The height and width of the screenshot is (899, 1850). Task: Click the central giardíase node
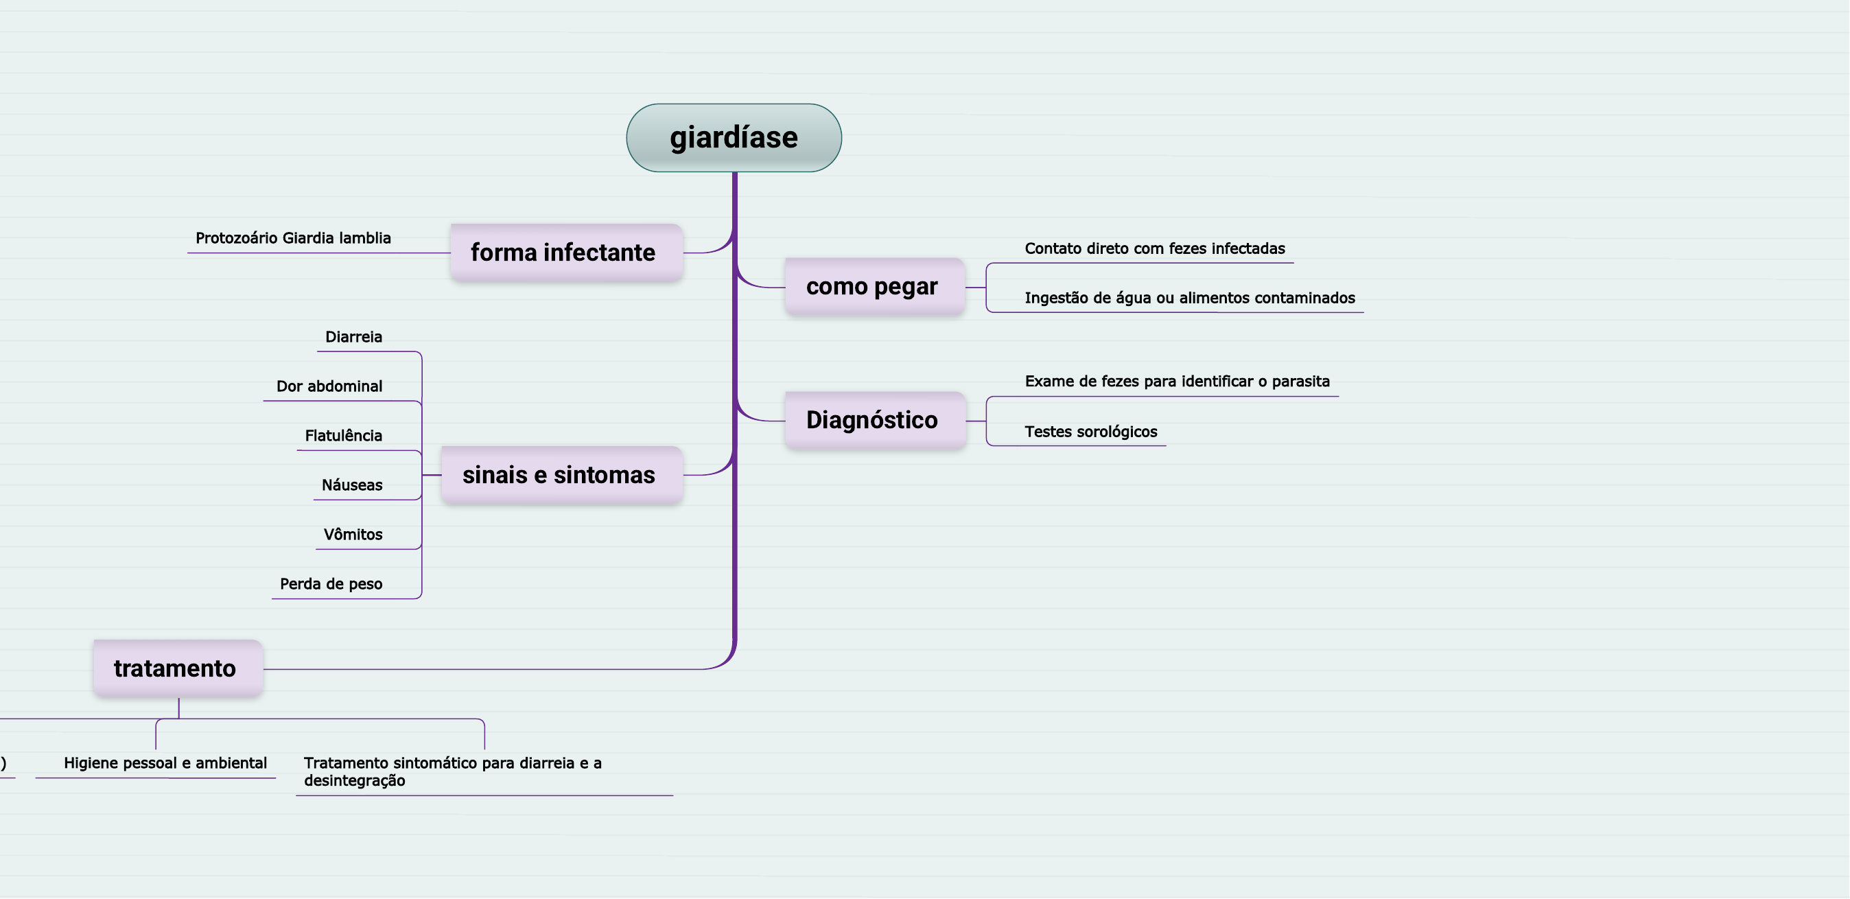point(734,137)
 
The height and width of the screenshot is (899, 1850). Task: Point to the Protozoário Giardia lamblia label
point(293,237)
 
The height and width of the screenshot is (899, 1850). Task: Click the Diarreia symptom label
point(353,337)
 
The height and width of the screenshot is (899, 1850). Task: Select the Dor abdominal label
point(329,386)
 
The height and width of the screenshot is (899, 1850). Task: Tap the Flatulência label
point(343,436)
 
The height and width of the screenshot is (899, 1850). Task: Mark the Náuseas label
point(352,485)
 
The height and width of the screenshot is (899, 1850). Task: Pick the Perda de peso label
point(330,585)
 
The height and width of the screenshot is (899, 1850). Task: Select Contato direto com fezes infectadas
point(1154,248)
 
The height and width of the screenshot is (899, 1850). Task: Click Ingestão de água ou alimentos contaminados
point(1189,298)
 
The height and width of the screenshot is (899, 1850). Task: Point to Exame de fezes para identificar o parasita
point(1176,382)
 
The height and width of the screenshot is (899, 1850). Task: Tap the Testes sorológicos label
point(1090,432)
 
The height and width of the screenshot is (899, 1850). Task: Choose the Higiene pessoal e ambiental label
point(165,762)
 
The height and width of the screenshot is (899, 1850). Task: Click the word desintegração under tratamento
point(354,781)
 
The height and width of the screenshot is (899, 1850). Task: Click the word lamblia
point(365,237)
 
